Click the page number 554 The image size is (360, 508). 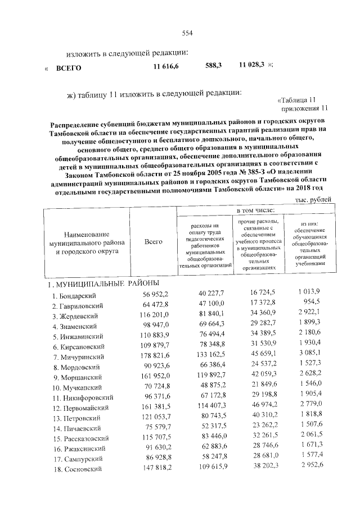187,33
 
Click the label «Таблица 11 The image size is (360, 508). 302,100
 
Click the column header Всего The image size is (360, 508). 153,241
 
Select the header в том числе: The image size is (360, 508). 255,210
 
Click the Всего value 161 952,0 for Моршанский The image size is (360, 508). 152,376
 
